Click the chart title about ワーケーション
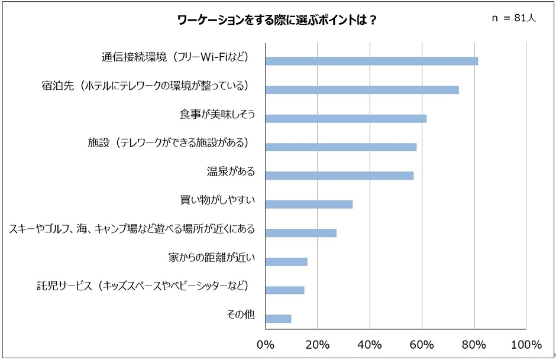(277, 20)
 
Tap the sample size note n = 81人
(513, 18)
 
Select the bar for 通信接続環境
(371, 61)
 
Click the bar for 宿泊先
(362, 90)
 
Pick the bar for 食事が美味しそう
(346, 118)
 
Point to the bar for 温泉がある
(340, 176)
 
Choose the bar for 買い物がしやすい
(309, 205)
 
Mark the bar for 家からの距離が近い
(286, 262)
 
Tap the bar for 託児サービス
(285, 290)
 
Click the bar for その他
(278, 319)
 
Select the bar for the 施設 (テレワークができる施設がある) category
(341, 147)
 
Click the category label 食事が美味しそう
(217, 114)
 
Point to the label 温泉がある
(231, 171)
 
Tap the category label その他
(240, 314)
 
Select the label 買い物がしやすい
(217, 200)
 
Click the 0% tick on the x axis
(266, 345)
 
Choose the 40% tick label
(370, 345)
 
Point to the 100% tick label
(526, 345)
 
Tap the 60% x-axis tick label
(422, 345)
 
